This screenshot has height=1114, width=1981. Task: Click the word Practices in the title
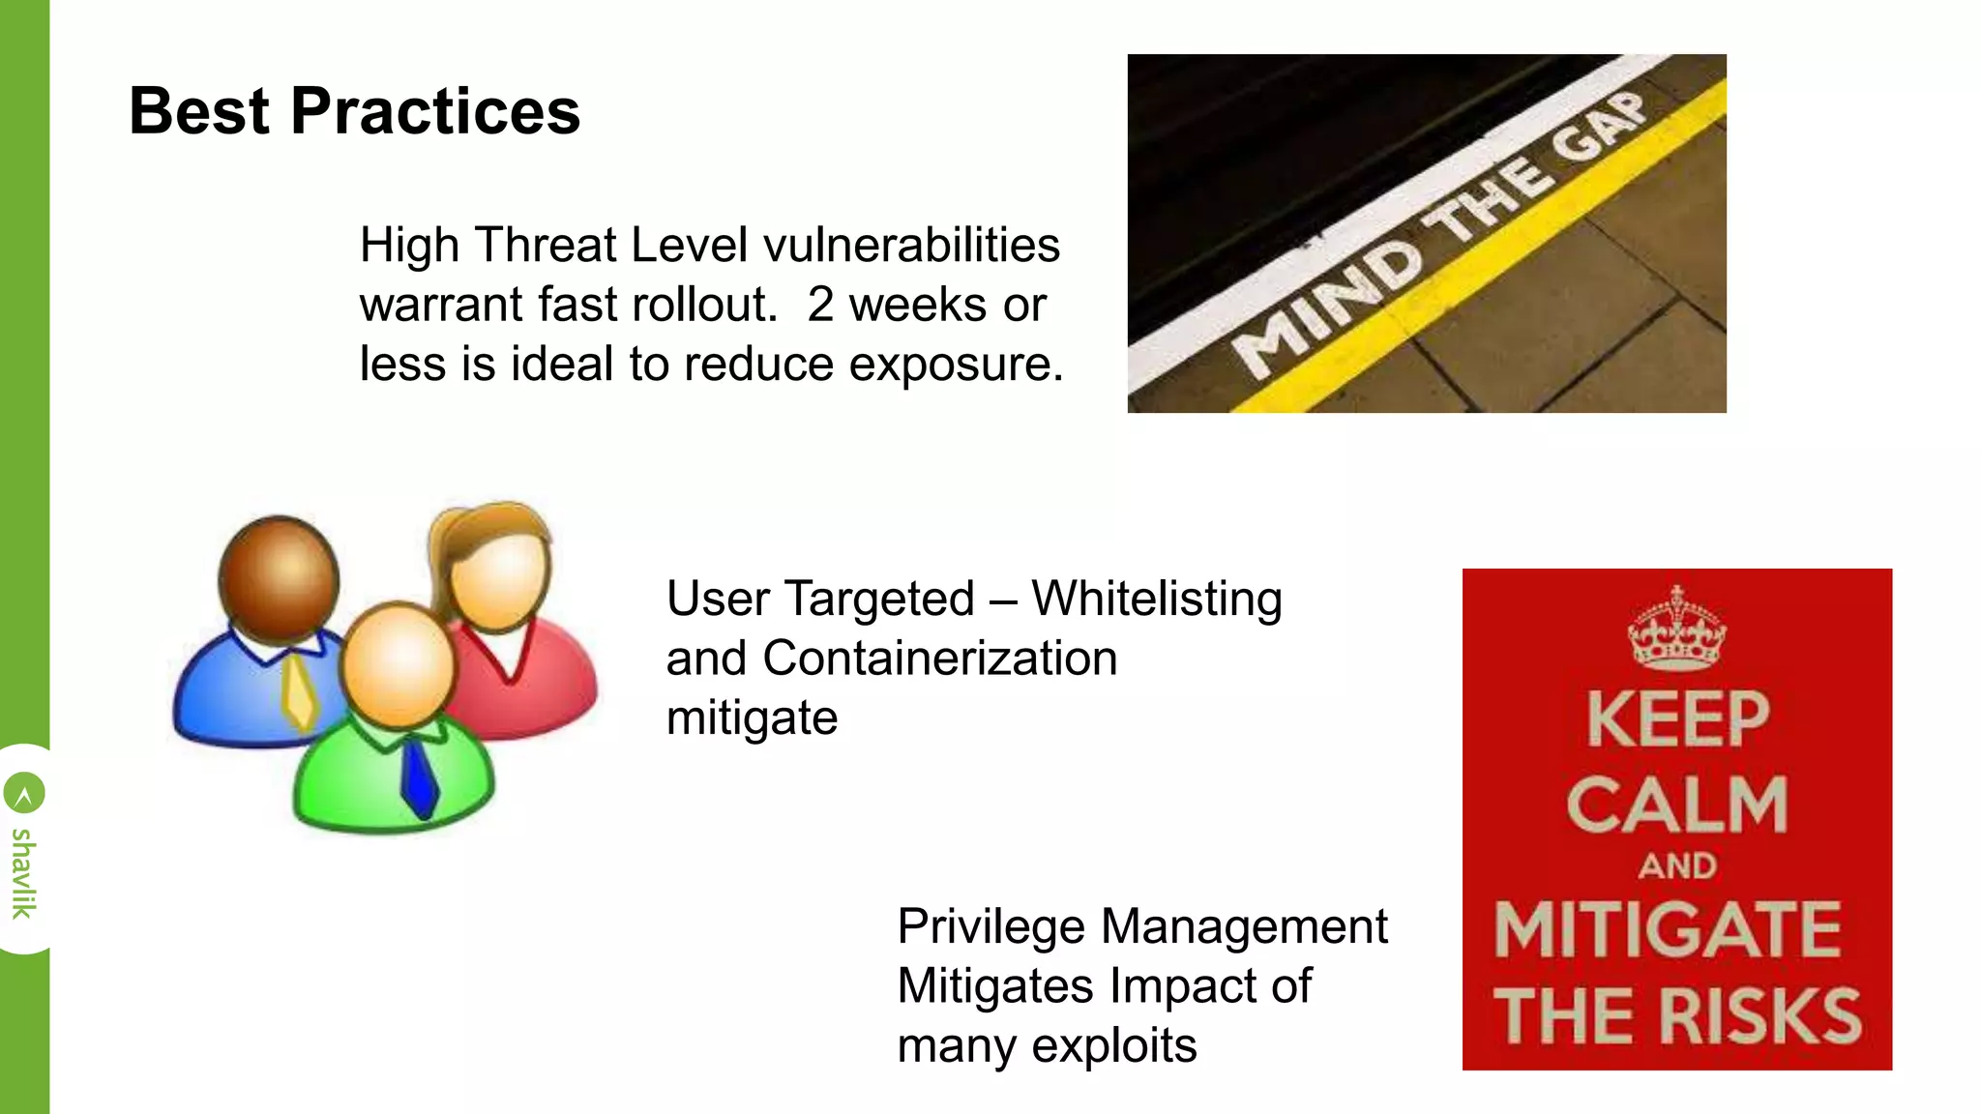coord(434,112)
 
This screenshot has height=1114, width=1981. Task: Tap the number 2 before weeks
coord(820,305)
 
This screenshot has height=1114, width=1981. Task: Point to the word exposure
coord(956,365)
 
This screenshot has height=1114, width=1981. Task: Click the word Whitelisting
coord(1157,599)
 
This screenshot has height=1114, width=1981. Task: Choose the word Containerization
coord(939,659)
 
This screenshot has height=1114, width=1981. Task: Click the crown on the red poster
coord(1676,630)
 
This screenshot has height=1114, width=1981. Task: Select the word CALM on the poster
coord(1676,805)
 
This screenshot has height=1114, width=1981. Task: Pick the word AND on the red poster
coord(1677,865)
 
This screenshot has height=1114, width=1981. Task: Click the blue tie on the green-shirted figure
coord(419,777)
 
